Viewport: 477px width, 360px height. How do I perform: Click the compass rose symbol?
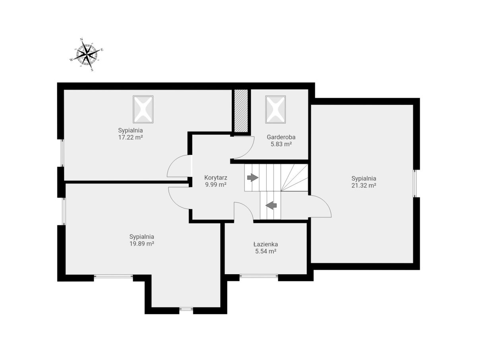pos(87,54)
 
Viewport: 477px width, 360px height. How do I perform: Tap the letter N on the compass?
pos(82,39)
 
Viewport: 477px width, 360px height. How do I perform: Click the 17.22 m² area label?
pos(130,137)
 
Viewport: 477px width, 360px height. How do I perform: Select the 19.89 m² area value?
pos(142,244)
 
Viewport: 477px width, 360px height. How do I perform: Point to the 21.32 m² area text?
pos(364,185)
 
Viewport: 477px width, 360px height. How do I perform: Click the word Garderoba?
pos(281,137)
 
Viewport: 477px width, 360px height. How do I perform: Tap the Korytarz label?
pos(216,178)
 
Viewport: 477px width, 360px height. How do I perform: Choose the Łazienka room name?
pos(266,244)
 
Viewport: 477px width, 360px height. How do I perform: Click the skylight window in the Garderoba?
pos(275,109)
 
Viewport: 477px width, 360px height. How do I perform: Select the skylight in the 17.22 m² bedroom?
pos(143,109)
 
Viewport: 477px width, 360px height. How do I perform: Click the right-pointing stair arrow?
pos(253,177)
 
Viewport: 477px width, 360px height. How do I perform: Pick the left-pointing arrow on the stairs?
pos(271,205)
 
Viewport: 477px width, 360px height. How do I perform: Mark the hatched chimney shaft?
pos(241,110)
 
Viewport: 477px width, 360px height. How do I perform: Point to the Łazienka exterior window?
pos(259,276)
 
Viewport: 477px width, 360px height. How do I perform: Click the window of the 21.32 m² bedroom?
pos(415,183)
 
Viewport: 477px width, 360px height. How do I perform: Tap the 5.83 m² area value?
pos(281,144)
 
